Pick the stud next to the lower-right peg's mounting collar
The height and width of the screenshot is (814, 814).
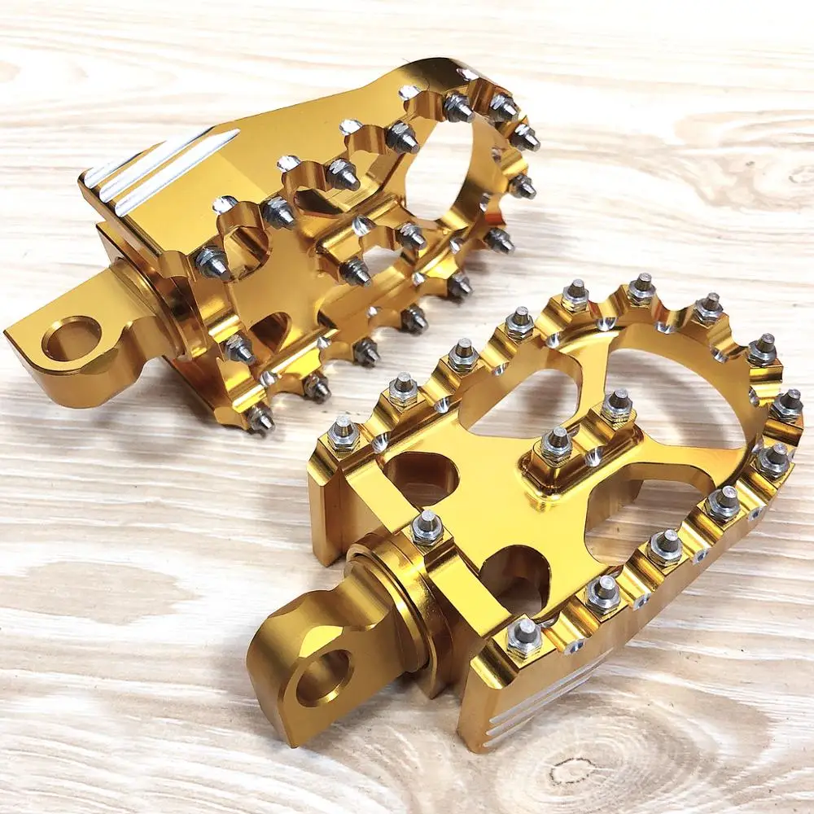point(427,527)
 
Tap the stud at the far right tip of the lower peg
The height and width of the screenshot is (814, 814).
point(787,404)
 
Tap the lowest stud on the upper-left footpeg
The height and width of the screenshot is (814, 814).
point(260,419)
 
